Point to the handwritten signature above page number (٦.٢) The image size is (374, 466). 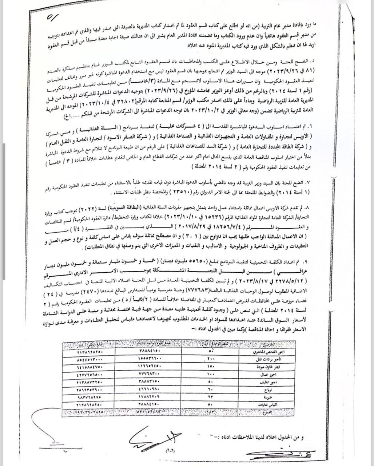tap(155, 435)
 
